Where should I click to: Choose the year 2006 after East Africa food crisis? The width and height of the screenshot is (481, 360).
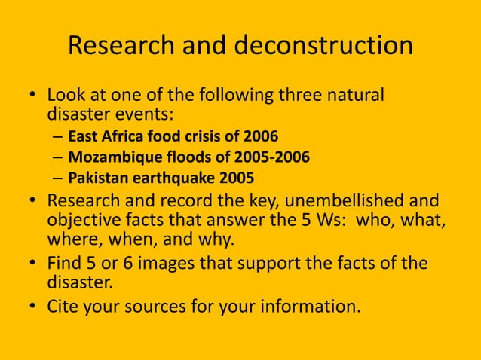point(261,137)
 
